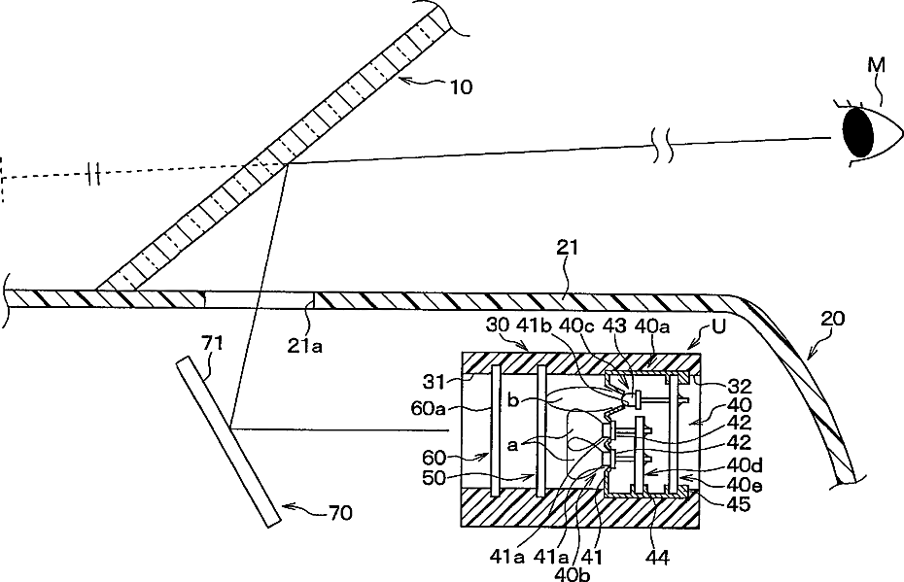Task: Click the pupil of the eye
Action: coord(858,132)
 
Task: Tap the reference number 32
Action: coord(717,383)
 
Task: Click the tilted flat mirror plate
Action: coord(226,442)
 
